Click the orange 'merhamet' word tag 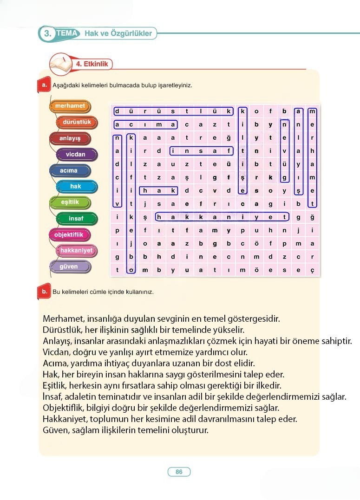click(70, 106)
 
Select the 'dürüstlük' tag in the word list click(77, 122)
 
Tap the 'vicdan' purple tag click(76, 154)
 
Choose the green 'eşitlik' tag click(70, 202)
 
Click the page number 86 click(179, 472)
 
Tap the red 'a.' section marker click(43, 85)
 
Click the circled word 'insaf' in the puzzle click(201, 150)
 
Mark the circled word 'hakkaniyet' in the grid click(222, 216)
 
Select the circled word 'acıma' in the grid click(145, 124)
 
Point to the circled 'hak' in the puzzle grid click(159, 190)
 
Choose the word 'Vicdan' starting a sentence click(54, 352)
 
